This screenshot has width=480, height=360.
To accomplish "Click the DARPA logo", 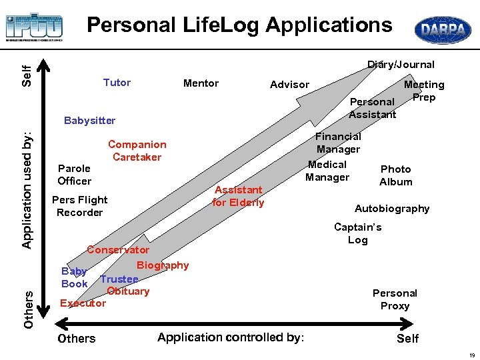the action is [x=443, y=30].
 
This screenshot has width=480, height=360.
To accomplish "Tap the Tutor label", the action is [x=117, y=83].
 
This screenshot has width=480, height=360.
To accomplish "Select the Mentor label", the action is [x=201, y=83].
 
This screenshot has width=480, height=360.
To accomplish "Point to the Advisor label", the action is [x=289, y=85].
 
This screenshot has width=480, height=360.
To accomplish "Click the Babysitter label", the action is [x=89, y=121].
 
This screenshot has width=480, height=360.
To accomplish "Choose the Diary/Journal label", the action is [x=401, y=65].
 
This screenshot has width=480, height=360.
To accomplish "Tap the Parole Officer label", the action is [x=74, y=175].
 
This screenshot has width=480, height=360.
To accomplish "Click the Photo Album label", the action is [x=396, y=175].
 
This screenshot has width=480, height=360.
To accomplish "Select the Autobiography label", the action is [x=392, y=209].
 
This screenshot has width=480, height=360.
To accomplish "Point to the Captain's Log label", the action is [x=358, y=233].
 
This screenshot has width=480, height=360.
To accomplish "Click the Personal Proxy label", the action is [x=395, y=299].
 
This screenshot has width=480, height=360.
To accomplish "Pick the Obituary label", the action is [x=128, y=291].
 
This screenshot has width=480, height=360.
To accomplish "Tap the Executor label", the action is [x=83, y=303].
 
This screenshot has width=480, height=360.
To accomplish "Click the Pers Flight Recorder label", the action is [x=79, y=206].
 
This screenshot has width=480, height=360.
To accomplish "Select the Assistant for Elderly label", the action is [x=238, y=196].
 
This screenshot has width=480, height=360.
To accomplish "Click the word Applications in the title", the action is [x=329, y=25].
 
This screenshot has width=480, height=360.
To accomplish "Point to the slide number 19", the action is [x=471, y=353].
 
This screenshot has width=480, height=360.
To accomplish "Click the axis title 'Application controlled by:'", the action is [x=231, y=337].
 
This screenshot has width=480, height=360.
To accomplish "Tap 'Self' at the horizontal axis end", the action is [x=407, y=339].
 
